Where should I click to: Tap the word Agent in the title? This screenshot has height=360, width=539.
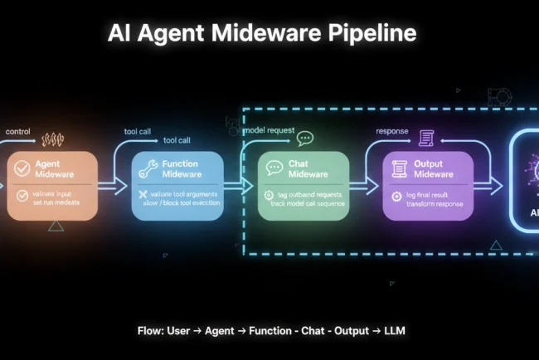(x=177, y=33)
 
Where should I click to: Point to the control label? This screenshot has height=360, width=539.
(x=18, y=132)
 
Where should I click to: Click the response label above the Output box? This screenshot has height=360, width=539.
(x=393, y=131)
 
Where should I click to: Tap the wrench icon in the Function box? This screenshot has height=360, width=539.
(x=148, y=168)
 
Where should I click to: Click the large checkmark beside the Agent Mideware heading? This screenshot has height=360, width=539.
(x=23, y=168)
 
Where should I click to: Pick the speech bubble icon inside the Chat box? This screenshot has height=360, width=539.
(x=274, y=168)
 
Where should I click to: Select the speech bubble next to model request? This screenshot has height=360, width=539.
(x=304, y=139)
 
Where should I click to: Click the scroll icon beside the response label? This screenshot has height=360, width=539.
(x=426, y=138)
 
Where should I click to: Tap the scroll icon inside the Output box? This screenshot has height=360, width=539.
(x=399, y=168)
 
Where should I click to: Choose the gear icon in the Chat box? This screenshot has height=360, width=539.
(x=269, y=195)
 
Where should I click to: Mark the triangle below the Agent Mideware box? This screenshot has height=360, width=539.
(x=56, y=225)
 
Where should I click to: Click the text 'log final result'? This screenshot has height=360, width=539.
(x=434, y=195)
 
